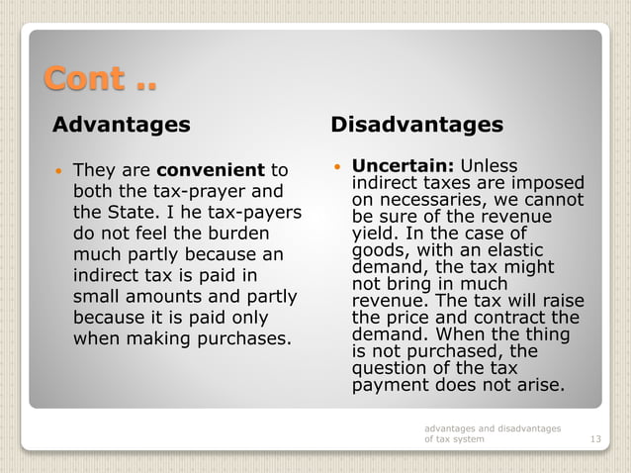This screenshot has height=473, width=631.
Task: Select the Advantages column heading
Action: coord(121,125)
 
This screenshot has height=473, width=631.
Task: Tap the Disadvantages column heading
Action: coord(416,125)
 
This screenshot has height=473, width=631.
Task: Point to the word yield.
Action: coord(373,236)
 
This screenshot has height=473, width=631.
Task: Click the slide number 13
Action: coord(594,438)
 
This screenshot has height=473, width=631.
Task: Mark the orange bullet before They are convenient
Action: coord(59,170)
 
